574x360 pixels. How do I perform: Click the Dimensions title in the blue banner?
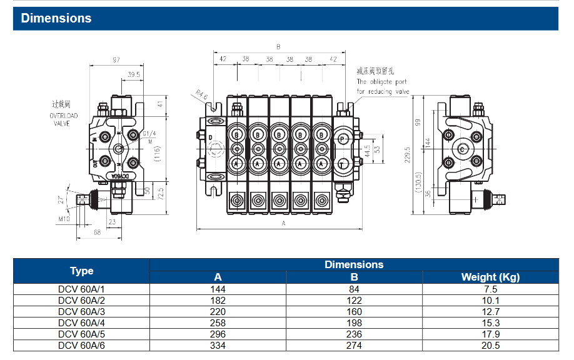56,18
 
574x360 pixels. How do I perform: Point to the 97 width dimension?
116,60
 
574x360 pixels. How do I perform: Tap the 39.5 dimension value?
133,74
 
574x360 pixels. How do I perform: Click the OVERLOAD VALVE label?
64,119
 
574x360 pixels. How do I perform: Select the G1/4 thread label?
149,134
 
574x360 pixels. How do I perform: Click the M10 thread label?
64,219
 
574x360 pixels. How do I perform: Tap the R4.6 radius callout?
201,95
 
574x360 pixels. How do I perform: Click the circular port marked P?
343,136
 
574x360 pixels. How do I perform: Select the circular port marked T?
343,164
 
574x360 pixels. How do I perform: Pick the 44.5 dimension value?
367,150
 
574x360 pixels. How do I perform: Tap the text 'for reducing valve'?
383,91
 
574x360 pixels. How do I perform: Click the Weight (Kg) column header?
490,277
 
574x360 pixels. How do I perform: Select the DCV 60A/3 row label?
81,311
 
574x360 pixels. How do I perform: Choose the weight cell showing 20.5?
490,345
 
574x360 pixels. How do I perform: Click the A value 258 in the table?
218,322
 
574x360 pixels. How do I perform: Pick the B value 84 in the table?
354,289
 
